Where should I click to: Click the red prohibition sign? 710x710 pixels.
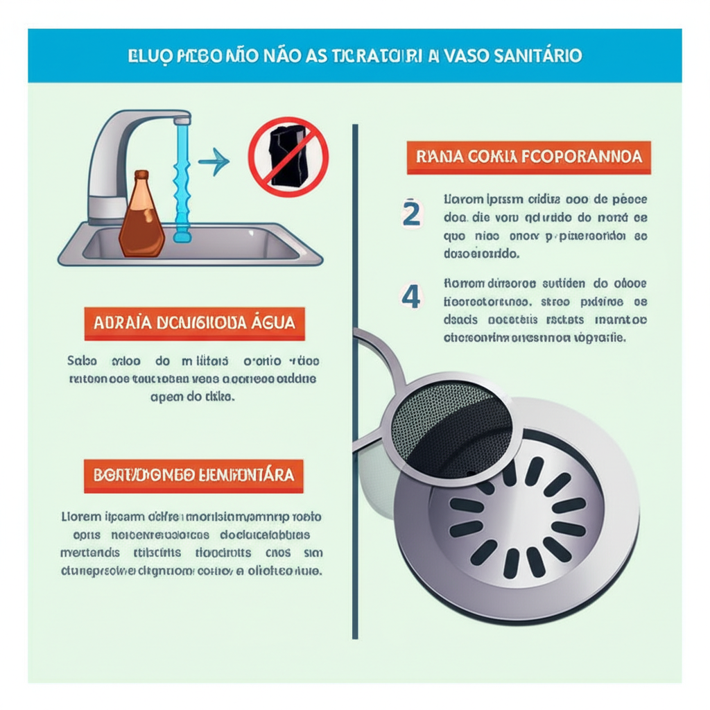(288, 157)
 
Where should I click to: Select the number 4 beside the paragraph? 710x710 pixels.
(411, 297)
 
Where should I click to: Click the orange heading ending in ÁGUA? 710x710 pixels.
(194, 323)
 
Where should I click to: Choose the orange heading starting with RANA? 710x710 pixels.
(528, 157)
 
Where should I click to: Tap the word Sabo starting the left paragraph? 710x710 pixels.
(80, 361)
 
